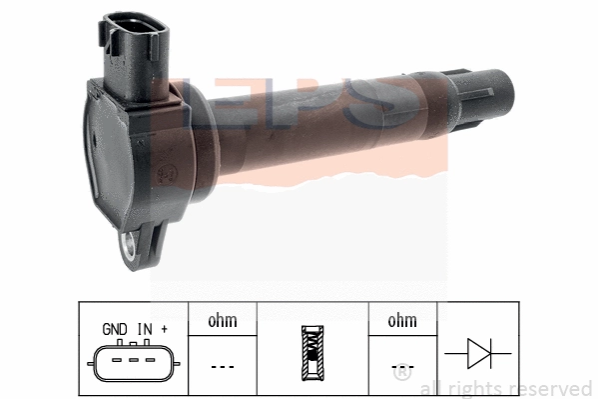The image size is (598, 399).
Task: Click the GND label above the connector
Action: (115, 327)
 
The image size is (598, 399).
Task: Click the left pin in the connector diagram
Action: (118, 359)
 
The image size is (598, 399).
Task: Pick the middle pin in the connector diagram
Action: (133, 359)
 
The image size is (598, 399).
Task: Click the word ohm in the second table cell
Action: (222, 321)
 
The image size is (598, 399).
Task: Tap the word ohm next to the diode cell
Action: (402, 321)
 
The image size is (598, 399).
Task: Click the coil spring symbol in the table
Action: (312, 355)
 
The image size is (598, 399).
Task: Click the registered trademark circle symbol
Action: (401, 377)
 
